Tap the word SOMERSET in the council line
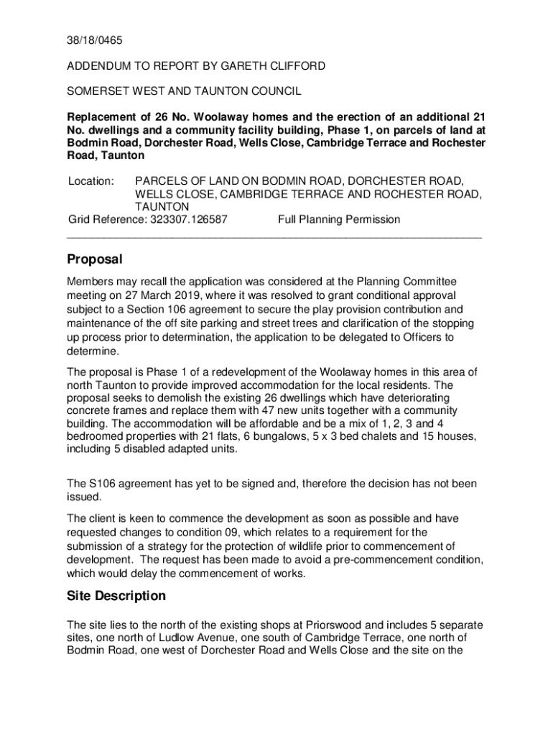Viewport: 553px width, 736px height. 97,91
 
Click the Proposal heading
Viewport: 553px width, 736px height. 95,259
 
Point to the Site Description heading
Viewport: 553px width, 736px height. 116,596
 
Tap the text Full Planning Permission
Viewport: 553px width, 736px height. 338,219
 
